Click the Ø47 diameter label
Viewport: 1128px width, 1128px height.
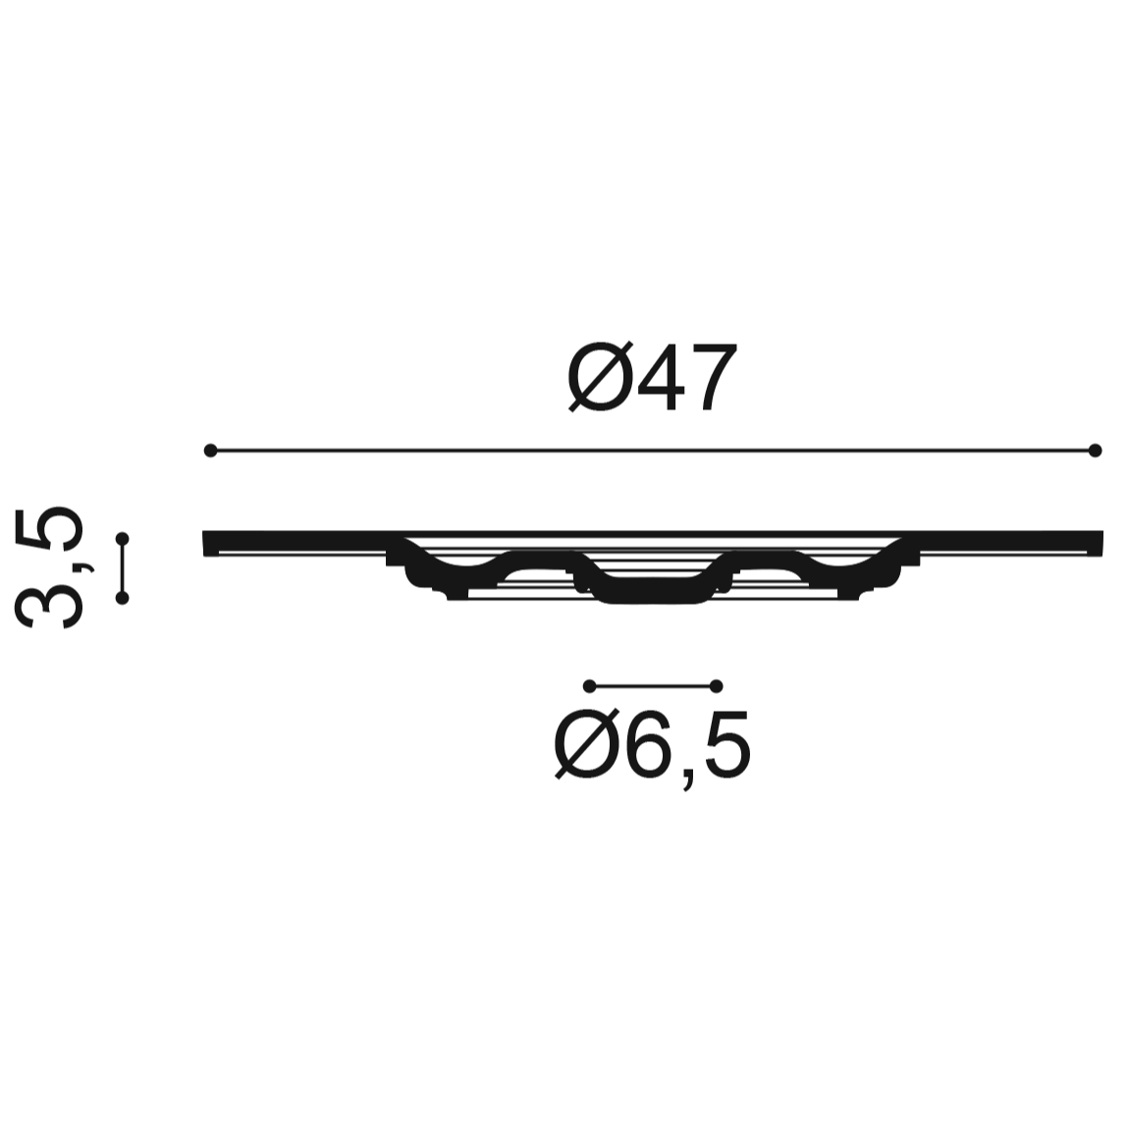coord(653,376)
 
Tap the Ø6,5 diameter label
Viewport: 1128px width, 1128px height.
coord(653,748)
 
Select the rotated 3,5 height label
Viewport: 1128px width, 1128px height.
coord(49,567)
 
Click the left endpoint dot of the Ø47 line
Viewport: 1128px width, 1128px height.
coord(210,451)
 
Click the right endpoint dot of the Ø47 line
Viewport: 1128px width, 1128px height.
coord(1095,451)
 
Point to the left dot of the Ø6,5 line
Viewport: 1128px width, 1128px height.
coord(590,685)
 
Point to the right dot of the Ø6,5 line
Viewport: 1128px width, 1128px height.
coord(716,685)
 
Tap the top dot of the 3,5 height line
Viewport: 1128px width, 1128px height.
coord(123,539)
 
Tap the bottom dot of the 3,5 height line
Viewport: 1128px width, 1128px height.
coord(123,598)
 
